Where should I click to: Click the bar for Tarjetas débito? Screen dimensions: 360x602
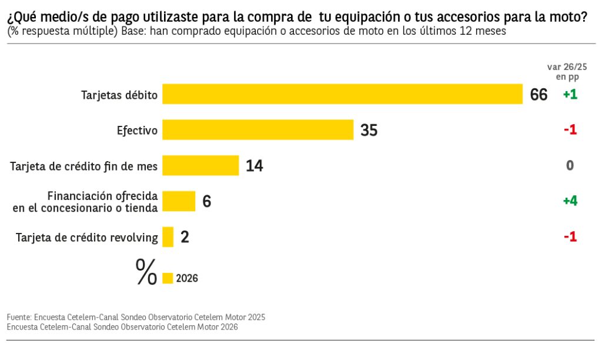[x=342, y=94]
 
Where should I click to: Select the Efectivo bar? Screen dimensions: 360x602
[x=257, y=130]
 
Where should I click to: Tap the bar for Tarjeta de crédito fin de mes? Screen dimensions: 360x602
[x=200, y=165]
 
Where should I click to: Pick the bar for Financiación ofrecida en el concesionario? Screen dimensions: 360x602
[x=179, y=201]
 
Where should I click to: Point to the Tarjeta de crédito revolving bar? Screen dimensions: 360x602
[x=168, y=237]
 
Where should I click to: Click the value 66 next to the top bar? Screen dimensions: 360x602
[x=539, y=95]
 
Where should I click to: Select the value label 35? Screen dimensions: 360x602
[x=369, y=130]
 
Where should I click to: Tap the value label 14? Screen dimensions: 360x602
[x=254, y=166]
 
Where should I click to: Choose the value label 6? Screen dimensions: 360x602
[x=206, y=201]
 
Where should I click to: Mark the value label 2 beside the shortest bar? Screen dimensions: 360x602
[x=185, y=237]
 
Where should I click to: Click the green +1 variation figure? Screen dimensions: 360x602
[x=570, y=95]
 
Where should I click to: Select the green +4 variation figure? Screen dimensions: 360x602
[x=570, y=201]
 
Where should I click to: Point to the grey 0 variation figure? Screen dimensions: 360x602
[x=570, y=166]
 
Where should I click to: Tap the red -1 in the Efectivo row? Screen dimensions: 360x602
[x=570, y=130]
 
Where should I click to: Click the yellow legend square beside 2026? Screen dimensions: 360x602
[x=168, y=278]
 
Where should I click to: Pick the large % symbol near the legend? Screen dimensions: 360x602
[x=146, y=272]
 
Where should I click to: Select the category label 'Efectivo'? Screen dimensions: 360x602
[x=138, y=131]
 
